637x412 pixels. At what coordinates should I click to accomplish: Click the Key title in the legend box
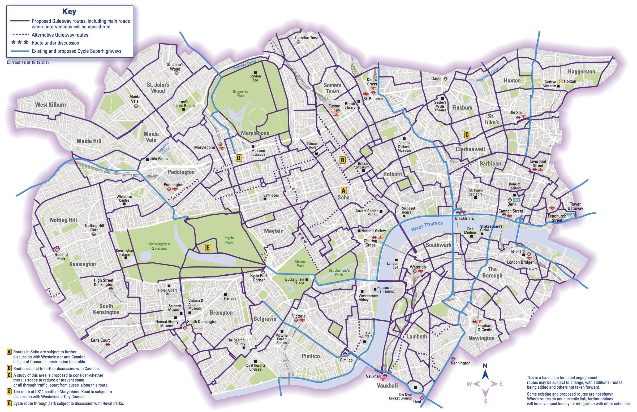point(69,11)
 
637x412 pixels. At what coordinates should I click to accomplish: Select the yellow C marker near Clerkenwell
point(467,135)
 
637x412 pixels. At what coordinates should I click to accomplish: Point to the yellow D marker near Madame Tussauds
point(239,158)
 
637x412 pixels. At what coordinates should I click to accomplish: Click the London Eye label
point(392,265)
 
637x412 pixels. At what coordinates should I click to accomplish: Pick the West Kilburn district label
point(50,105)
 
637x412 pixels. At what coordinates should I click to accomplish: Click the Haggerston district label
point(581,71)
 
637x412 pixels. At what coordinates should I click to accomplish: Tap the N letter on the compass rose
point(485,366)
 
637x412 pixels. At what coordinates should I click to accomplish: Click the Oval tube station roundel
point(422,398)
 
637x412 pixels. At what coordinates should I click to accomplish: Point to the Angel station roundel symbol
point(445,79)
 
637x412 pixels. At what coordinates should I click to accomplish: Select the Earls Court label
point(100,340)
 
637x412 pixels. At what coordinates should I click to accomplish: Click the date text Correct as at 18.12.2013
point(28,62)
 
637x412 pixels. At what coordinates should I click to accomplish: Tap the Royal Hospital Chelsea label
point(255,367)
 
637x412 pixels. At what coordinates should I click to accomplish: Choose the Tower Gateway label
point(575,206)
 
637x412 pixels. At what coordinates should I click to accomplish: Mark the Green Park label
point(300,263)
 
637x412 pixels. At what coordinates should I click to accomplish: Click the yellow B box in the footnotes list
point(9,368)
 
